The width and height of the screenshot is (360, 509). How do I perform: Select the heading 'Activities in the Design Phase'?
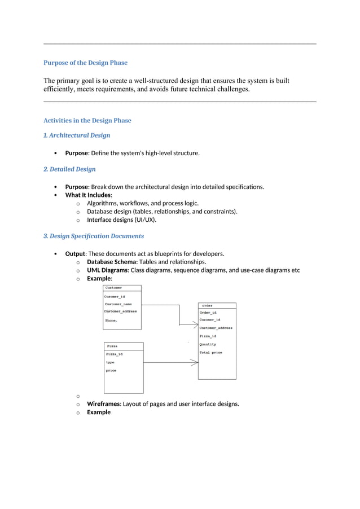click(87, 120)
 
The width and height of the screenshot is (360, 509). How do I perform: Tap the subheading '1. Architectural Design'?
click(77, 135)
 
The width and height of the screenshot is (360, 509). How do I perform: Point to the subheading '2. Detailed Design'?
click(69, 169)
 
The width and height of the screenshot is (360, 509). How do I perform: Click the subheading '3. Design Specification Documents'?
click(94, 236)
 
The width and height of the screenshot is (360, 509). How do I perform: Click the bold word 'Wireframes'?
click(103, 403)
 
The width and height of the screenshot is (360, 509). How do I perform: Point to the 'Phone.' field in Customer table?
click(111, 321)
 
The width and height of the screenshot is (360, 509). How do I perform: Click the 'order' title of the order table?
click(207, 305)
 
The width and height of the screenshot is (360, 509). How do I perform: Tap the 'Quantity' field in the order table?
click(208, 344)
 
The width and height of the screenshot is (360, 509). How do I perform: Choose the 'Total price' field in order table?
click(210, 353)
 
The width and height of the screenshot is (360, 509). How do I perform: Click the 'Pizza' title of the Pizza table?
click(112, 346)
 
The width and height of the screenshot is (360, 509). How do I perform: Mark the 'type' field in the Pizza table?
click(110, 362)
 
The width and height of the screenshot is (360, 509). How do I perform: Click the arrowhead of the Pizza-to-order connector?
click(195, 362)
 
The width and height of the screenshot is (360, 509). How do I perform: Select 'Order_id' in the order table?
click(208, 313)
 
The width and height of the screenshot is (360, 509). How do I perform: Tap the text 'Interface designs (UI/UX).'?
click(121, 220)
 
